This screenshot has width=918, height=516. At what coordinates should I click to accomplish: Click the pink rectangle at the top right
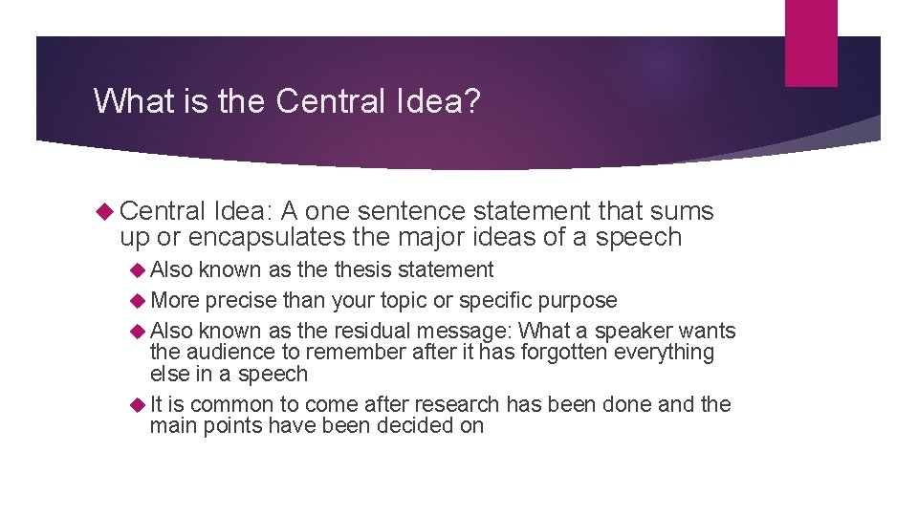click(x=811, y=43)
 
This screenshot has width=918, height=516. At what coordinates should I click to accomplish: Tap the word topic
click(x=402, y=301)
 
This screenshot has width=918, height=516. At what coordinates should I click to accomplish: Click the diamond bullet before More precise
click(x=138, y=301)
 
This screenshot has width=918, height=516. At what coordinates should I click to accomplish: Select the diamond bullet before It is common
click(x=138, y=404)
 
